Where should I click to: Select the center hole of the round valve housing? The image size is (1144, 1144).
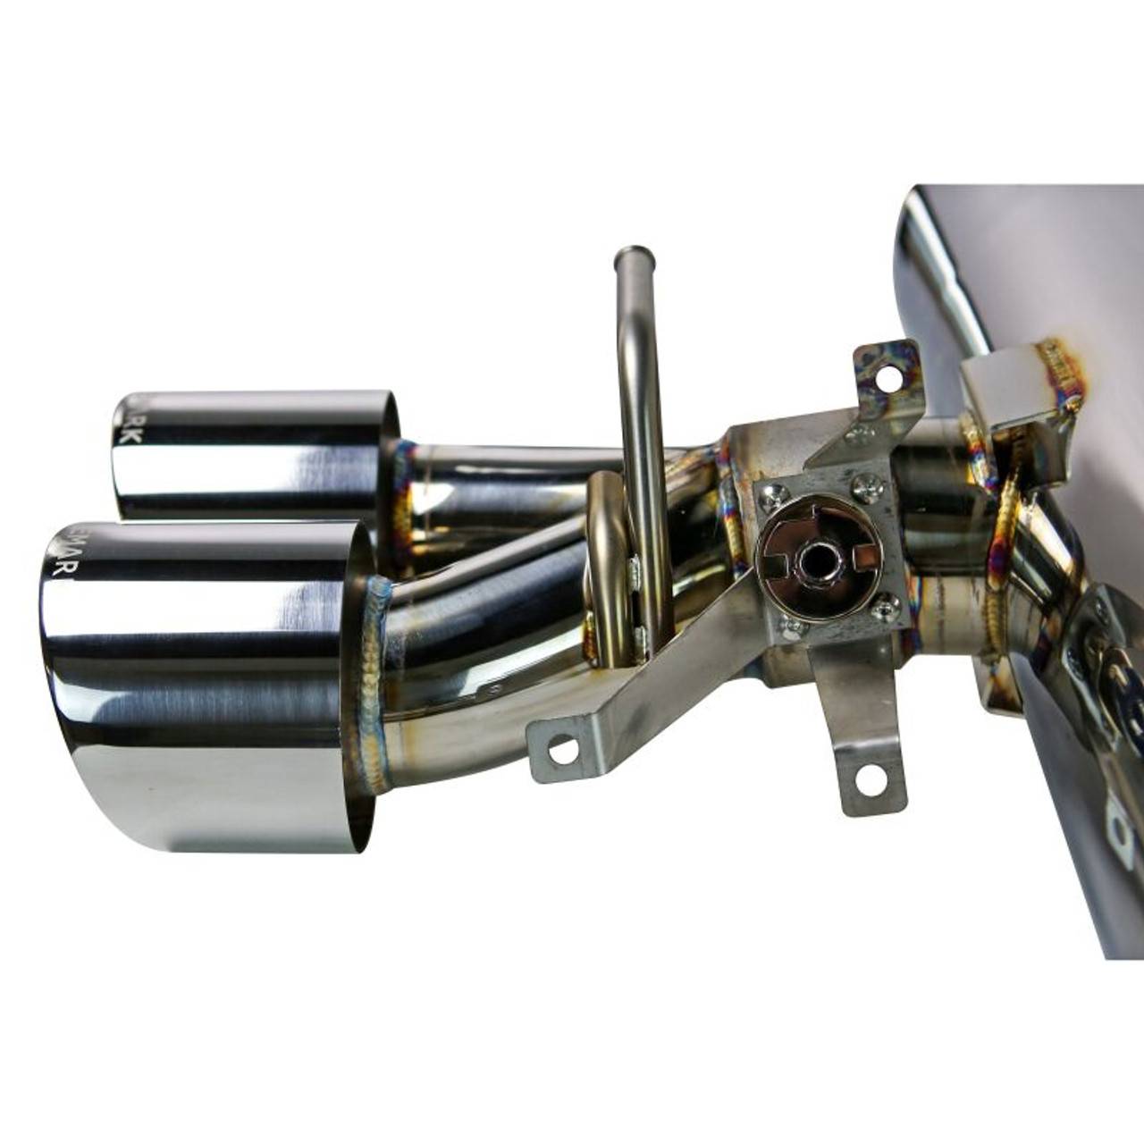pos(816,559)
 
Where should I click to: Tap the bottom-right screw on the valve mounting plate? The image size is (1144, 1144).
pos(885,607)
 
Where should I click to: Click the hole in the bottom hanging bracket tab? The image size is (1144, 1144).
pos(869,779)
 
